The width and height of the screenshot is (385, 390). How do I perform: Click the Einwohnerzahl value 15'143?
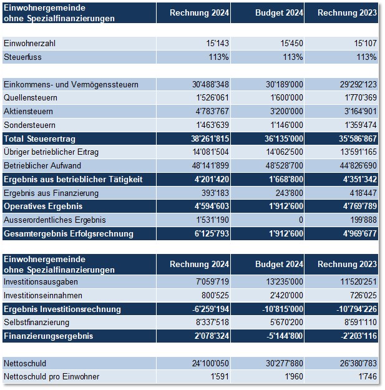click(x=217, y=43)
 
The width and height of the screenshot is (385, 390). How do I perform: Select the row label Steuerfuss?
click(x=22, y=57)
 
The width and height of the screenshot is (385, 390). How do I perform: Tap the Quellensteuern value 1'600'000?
click(x=287, y=98)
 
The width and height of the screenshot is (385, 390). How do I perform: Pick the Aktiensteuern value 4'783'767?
click(x=212, y=111)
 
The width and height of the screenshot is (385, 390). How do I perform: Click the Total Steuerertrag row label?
click(x=39, y=139)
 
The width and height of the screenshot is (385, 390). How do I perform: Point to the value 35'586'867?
click(x=358, y=139)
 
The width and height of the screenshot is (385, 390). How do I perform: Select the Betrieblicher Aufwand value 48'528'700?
click(x=285, y=165)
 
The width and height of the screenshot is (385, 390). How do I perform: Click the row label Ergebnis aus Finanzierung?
click(x=51, y=193)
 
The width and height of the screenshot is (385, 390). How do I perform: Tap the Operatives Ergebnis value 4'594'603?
click(x=212, y=206)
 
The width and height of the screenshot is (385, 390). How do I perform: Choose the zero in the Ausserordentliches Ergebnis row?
click(x=301, y=220)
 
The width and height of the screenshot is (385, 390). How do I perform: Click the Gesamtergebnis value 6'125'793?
click(x=212, y=233)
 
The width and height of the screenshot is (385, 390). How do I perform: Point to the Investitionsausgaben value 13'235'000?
click(x=285, y=282)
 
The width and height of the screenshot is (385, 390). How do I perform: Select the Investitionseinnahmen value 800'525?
click(x=215, y=296)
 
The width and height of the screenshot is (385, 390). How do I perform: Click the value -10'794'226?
click(x=357, y=309)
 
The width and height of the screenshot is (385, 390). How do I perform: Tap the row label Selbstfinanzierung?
click(x=37, y=323)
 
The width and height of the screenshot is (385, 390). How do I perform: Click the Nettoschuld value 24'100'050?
click(x=210, y=363)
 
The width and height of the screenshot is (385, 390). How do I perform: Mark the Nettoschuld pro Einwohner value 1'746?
click(x=368, y=376)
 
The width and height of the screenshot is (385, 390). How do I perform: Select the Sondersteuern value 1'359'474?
click(x=361, y=125)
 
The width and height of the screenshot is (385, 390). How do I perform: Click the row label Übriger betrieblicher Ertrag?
click(x=51, y=152)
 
